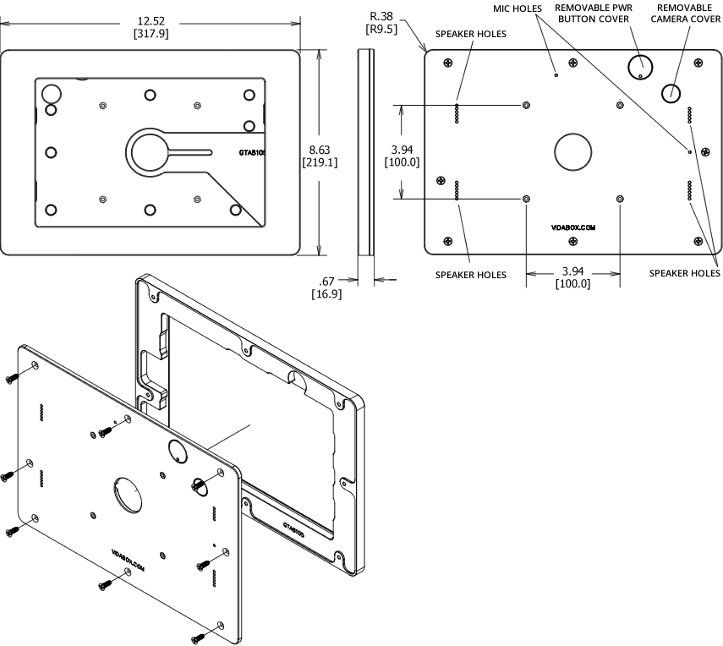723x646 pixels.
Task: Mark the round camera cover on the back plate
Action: pyautogui.click(x=672, y=91)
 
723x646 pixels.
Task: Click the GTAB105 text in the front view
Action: pyautogui.click(x=253, y=155)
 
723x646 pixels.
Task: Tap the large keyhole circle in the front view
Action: pyautogui.click(x=149, y=152)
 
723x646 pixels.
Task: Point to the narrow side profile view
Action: pyautogui.click(x=365, y=152)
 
